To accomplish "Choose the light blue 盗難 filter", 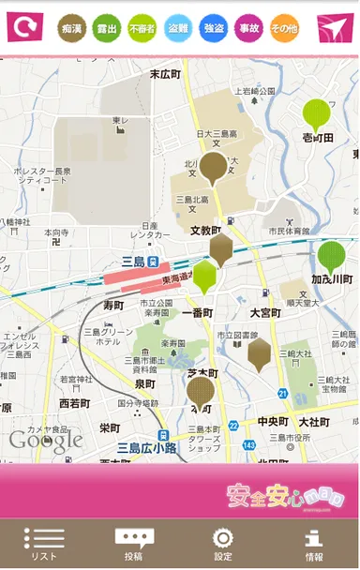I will click(178, 29).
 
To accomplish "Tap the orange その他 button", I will click(284, 29).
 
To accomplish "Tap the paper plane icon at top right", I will click(335, 27).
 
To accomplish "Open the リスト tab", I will click(44, 544).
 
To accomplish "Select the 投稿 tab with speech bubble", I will click(134, 544).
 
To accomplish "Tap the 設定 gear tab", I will click(223, 544).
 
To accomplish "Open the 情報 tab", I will click(314, 544).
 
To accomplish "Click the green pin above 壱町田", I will click(317, 114).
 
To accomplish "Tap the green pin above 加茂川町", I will click(331, 256).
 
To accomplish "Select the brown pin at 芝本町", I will click(201, 390).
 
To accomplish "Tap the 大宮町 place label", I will click(265, 312).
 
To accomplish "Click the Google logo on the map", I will click(45, 440).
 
